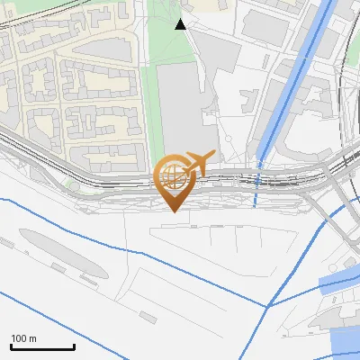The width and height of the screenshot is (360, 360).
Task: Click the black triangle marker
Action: point(181,24)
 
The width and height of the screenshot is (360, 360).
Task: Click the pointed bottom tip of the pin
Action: point(174,211)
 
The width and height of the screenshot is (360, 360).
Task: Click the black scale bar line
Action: point(42,346)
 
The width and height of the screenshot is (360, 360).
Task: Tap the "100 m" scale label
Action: point(23,338)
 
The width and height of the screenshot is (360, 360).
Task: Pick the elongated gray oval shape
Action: point(58,255)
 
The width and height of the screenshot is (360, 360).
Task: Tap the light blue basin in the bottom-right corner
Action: point(346,342)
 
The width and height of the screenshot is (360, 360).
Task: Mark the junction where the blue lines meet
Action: point(267,306)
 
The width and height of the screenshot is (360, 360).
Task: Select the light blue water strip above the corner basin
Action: point(338,283)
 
